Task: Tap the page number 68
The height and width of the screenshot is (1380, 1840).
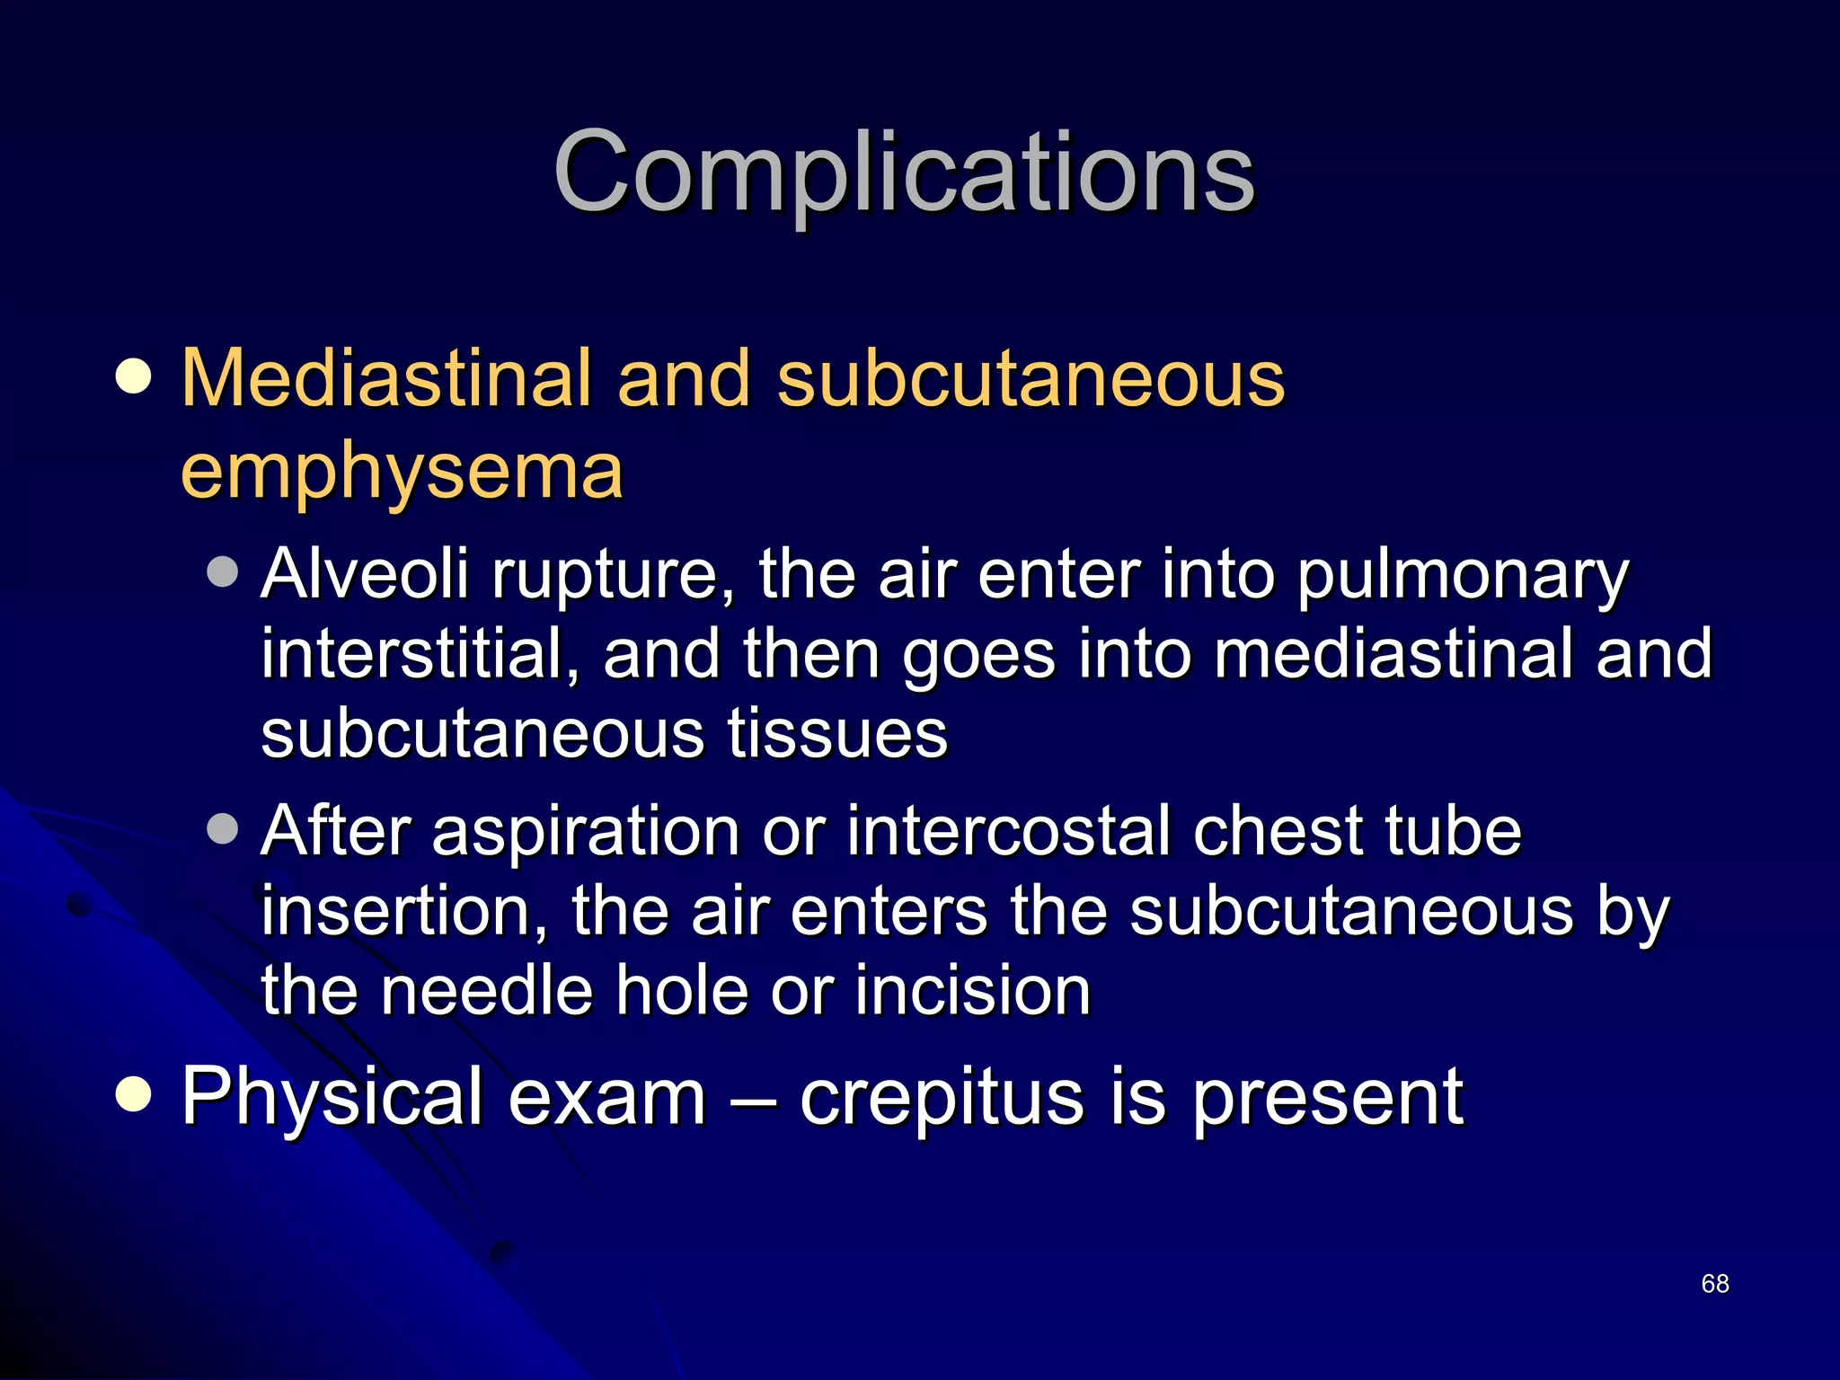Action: pyautogui.click(x=1715, y=1284)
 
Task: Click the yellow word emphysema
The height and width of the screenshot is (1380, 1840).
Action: pyautogui.click(x=402, y=472)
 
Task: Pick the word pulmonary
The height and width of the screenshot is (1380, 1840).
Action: pyautogui.click(x=1463, y=575)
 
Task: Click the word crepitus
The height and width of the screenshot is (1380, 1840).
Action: pyautogui.click(x=942, y=1098)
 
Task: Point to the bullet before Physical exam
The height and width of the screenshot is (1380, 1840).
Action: pyautogui.click(x=134, y=1095)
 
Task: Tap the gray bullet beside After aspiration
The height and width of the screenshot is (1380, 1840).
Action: pyautogui.click(x=222, y=829)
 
